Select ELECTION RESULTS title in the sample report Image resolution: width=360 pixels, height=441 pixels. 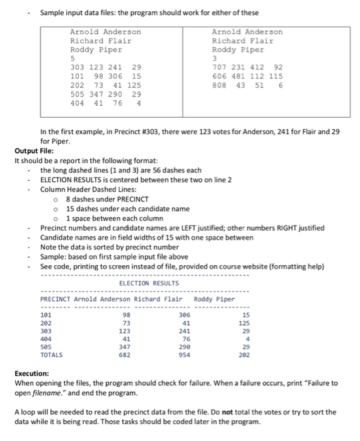(149, 283)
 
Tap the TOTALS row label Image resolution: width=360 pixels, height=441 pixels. (52, 355)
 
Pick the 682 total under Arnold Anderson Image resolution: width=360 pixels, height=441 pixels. (124, 355)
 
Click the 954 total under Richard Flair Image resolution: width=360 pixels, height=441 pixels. (185, 355)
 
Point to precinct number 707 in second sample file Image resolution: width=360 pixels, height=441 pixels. (220, 67)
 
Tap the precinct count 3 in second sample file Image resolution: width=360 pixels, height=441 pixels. (214, 58)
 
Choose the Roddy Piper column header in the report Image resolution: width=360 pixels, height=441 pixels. (214, 299)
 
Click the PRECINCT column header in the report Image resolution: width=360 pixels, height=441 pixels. (55, 299)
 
